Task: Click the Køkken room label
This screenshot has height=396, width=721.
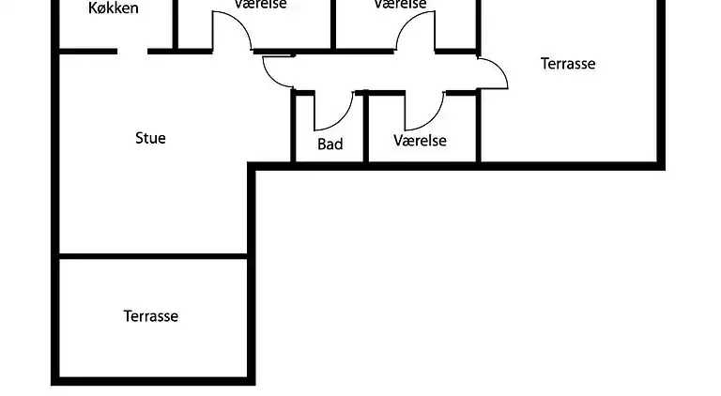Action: (114, 8)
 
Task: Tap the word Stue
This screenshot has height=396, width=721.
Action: (150, 138)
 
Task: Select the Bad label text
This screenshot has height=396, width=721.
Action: (330, 145)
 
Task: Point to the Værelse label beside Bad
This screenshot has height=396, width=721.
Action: (420, 142)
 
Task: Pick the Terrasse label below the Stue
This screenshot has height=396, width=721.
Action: (150, 316)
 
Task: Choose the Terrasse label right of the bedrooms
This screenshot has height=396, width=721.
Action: (568, 64)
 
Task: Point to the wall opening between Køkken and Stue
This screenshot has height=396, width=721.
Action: (132, 51)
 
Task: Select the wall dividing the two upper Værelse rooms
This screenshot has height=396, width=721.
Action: (333, 23)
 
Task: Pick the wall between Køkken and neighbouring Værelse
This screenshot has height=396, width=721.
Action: (176, 23)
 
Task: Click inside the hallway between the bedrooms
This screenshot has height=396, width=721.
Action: (376, 72)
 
